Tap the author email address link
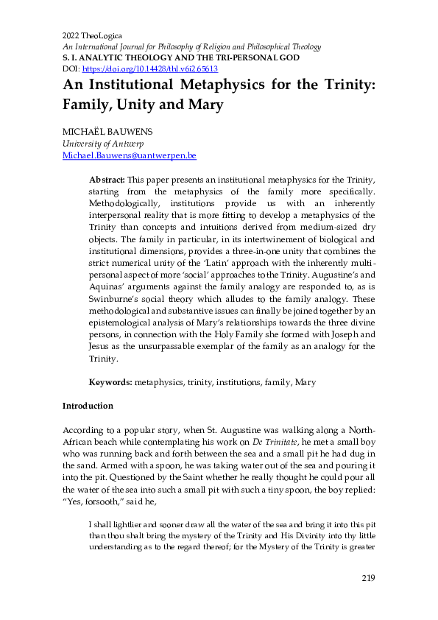click(129, 156)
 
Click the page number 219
click(369, 577)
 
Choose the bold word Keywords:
click(110, 382)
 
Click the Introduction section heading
click(88, 406)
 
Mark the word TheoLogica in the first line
click(102, 36)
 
